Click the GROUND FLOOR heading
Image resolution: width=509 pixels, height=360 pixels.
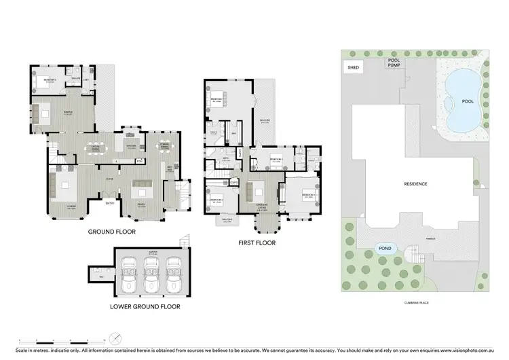111,232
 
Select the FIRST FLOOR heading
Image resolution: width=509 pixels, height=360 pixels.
256,242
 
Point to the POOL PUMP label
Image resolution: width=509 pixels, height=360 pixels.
394,62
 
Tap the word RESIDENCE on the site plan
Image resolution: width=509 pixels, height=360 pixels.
415,184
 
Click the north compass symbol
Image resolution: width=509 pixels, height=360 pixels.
117,338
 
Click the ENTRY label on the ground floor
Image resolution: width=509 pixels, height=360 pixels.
110,201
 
